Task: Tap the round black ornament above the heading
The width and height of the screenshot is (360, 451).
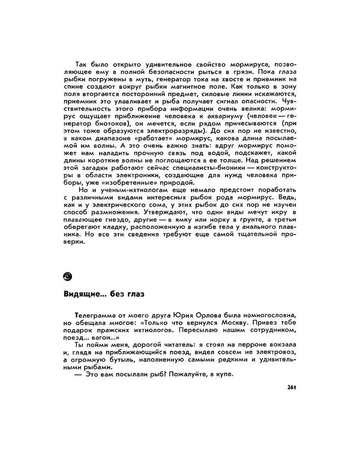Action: pyautogui.click(x=68, y=276)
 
